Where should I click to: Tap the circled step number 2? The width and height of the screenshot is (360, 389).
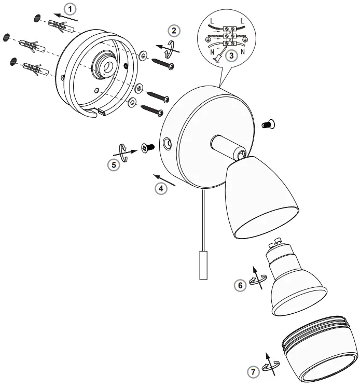point(175,31)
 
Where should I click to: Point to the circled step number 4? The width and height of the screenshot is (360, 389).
point(161,189)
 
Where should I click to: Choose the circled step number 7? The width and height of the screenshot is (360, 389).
point(252,371)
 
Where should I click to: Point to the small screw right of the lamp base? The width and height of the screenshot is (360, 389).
point(269,123)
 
